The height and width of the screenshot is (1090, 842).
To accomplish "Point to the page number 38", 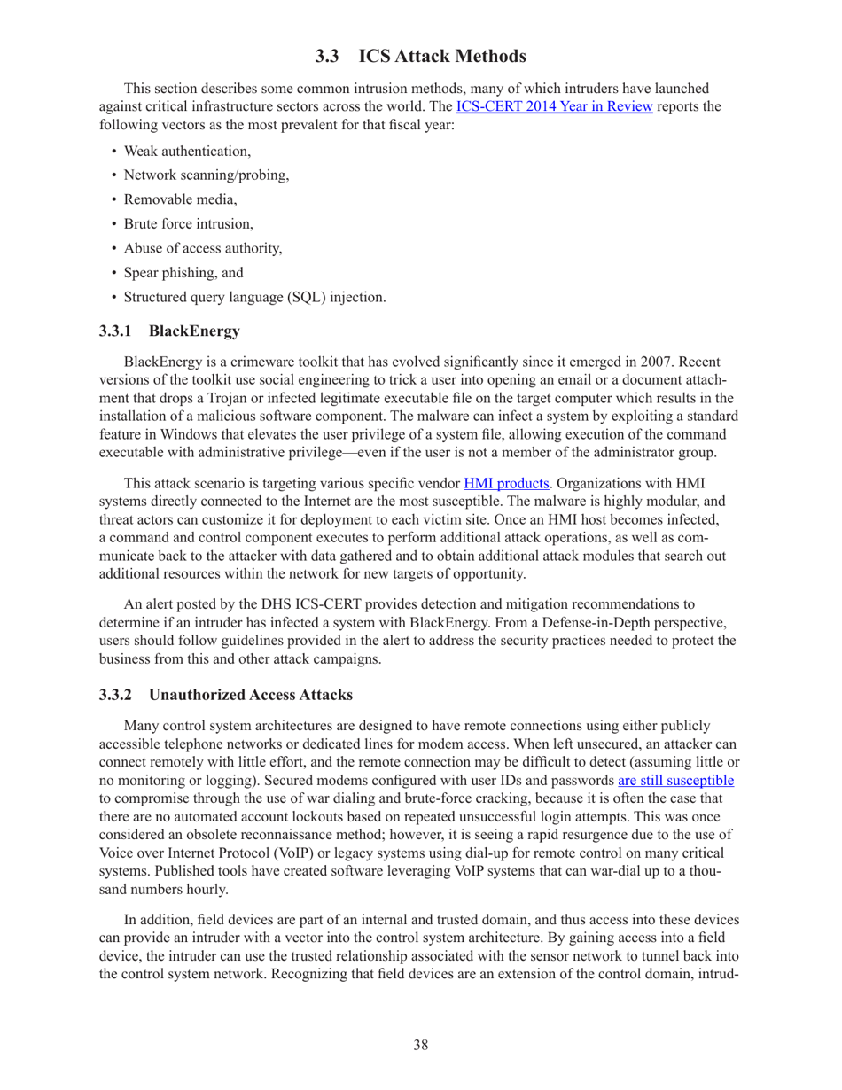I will (421, 1046).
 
